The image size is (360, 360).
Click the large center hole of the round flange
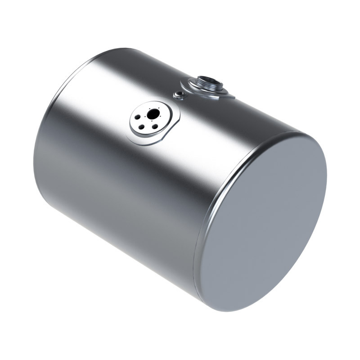153,114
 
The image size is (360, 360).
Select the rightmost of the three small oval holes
155,126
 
